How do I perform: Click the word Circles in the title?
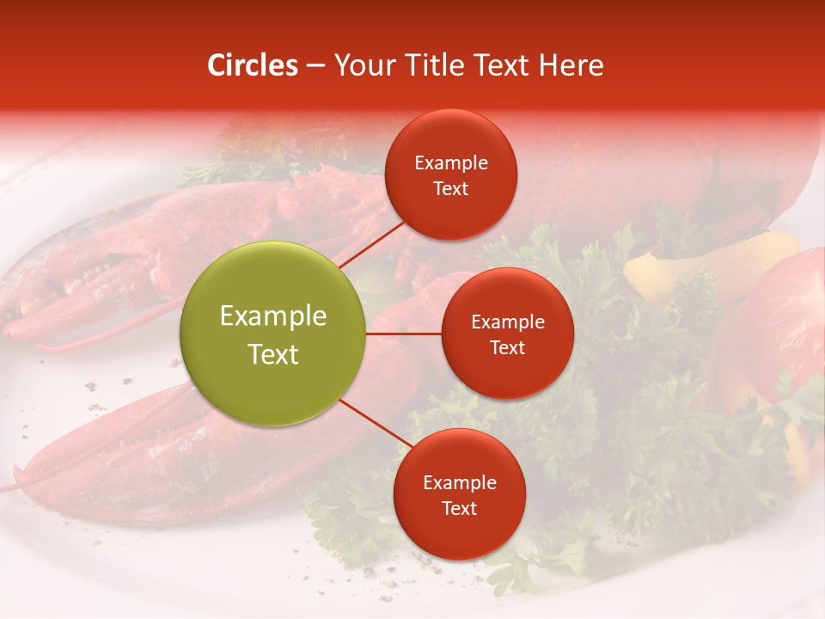tap(253, 65)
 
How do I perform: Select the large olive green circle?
tap(273, 334)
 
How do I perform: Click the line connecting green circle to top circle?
tap(371, 244)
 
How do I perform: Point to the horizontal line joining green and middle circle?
tap(403, 334)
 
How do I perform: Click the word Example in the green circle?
tap(273, 316)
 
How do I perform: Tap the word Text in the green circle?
tap(273, 354)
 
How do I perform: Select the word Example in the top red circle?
tap(451, 163)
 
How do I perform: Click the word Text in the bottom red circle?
tap(459, 509)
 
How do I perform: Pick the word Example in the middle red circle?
tap(507, 322)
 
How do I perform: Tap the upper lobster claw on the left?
tap(129, 258)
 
